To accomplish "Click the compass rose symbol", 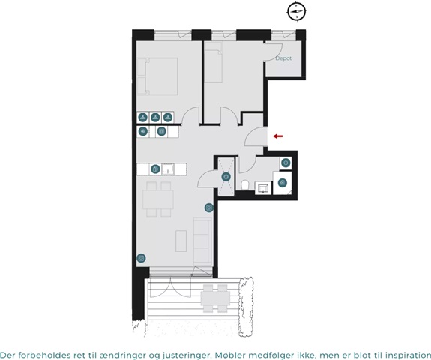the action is coord(297,12).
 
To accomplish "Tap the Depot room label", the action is coord(283,58).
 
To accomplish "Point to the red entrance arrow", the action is coord(278,136).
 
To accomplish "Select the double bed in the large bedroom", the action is coord(157,76).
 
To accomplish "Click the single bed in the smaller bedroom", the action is coord(213,62).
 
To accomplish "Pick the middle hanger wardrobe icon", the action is coord(155,118).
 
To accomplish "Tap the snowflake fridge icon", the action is coord(143,132).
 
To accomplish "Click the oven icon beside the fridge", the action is coord(162,132).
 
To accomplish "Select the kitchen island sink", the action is coord(168,169).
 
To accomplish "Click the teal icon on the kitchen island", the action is coord(155,169).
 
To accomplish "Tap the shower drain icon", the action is coord(226,177).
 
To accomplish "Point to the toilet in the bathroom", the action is coord(244,185).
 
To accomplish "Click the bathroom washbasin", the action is coord(263,188).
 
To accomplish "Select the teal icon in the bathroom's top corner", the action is coord(286,163).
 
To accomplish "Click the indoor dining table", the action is coord(158,199).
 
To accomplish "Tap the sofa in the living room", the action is coord(202,241).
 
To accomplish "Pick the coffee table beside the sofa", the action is coord(181,241).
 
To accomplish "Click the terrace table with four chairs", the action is coord(216,298).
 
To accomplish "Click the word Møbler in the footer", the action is coord(229,354).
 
